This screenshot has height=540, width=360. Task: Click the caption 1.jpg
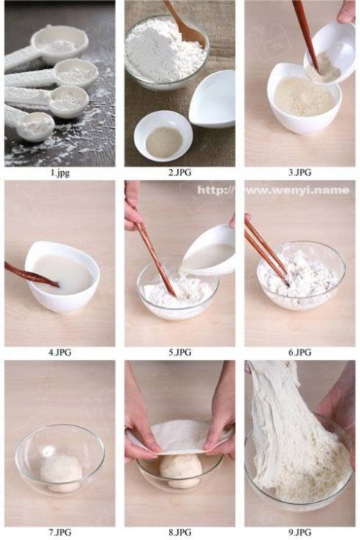(60, 173)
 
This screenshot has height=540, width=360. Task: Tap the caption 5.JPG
(180, 353)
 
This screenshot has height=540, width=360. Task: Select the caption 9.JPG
(300, 532)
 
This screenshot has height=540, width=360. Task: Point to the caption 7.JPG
(60, 532)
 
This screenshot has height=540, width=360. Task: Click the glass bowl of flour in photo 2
(167, 52)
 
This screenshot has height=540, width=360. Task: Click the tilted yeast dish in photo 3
(330, 55)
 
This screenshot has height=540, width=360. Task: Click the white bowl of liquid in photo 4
(62, 277)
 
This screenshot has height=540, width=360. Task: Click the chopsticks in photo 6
(267, 251)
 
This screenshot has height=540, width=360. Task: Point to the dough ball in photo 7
(61, 473)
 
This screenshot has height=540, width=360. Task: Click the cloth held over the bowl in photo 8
(179, 437)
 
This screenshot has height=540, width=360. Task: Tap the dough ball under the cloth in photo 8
(181, 470)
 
